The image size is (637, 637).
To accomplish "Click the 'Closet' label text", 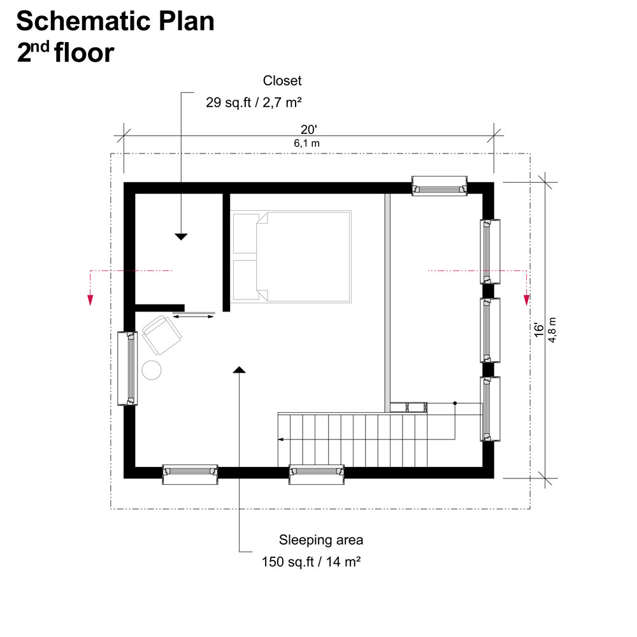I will (282, 81).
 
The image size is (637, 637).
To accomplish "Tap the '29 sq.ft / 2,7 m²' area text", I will (253, 102).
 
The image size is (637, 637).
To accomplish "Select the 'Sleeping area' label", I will (321, 540).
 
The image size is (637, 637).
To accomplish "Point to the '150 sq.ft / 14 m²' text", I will (311, 562).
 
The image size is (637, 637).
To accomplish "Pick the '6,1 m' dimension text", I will (306, 143).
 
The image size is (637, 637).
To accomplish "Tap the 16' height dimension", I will (540, 329).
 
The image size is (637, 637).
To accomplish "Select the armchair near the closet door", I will (162, 335).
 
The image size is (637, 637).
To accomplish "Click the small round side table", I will (152, 370).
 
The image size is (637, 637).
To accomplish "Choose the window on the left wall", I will (127, 368).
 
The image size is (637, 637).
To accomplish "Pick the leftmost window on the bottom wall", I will (190, 474).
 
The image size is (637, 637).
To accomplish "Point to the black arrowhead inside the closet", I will (182, 236).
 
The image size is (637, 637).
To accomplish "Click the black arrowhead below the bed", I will (240, 369).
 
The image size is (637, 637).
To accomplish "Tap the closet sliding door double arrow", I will (194, 316).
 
